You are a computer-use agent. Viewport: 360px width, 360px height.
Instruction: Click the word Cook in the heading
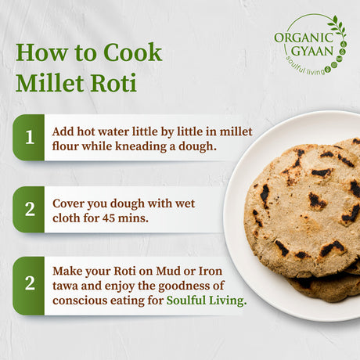tap(135, 53)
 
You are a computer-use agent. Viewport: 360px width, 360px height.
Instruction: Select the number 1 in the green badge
tap(29, 138)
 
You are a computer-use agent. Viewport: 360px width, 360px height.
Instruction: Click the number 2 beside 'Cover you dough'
tap(29, 210)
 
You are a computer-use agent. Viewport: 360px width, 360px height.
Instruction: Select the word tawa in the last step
tap(66, 284)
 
